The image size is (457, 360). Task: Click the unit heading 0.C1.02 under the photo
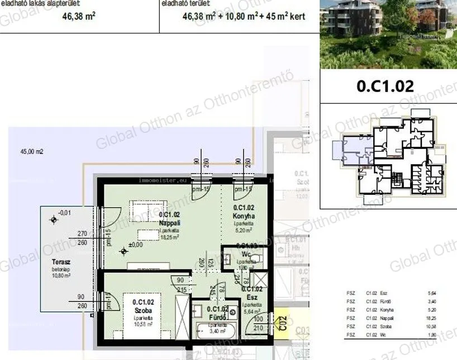pyautogui.click(x=385, y=87)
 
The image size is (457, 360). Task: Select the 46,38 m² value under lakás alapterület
pyautogui.click(x=78, y=16)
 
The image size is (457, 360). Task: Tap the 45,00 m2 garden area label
pyautogui.click(x=32, y=151)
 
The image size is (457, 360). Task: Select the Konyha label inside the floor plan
pyautogui.click(x=244, y=215)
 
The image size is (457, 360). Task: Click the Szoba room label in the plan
pyautogui.click(x=144, y=310)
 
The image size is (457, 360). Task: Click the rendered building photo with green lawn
pyautogui.click(x=388, y=33)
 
